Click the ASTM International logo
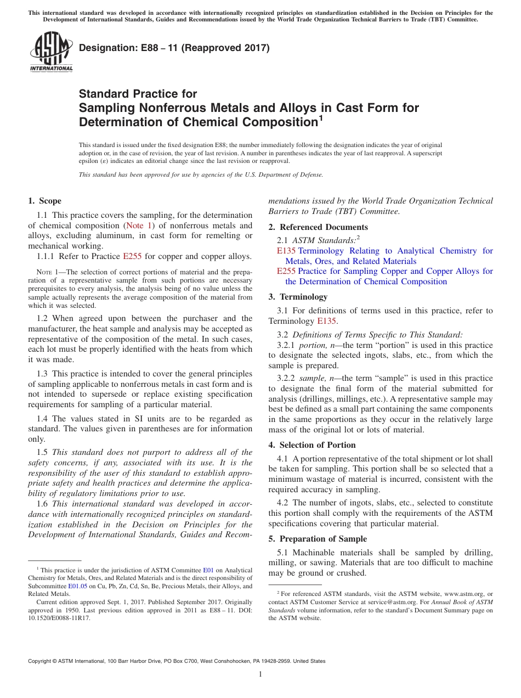(x=50, y=52)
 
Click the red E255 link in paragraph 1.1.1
(x=132, y=256)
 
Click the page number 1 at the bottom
(x=260, y=674)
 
